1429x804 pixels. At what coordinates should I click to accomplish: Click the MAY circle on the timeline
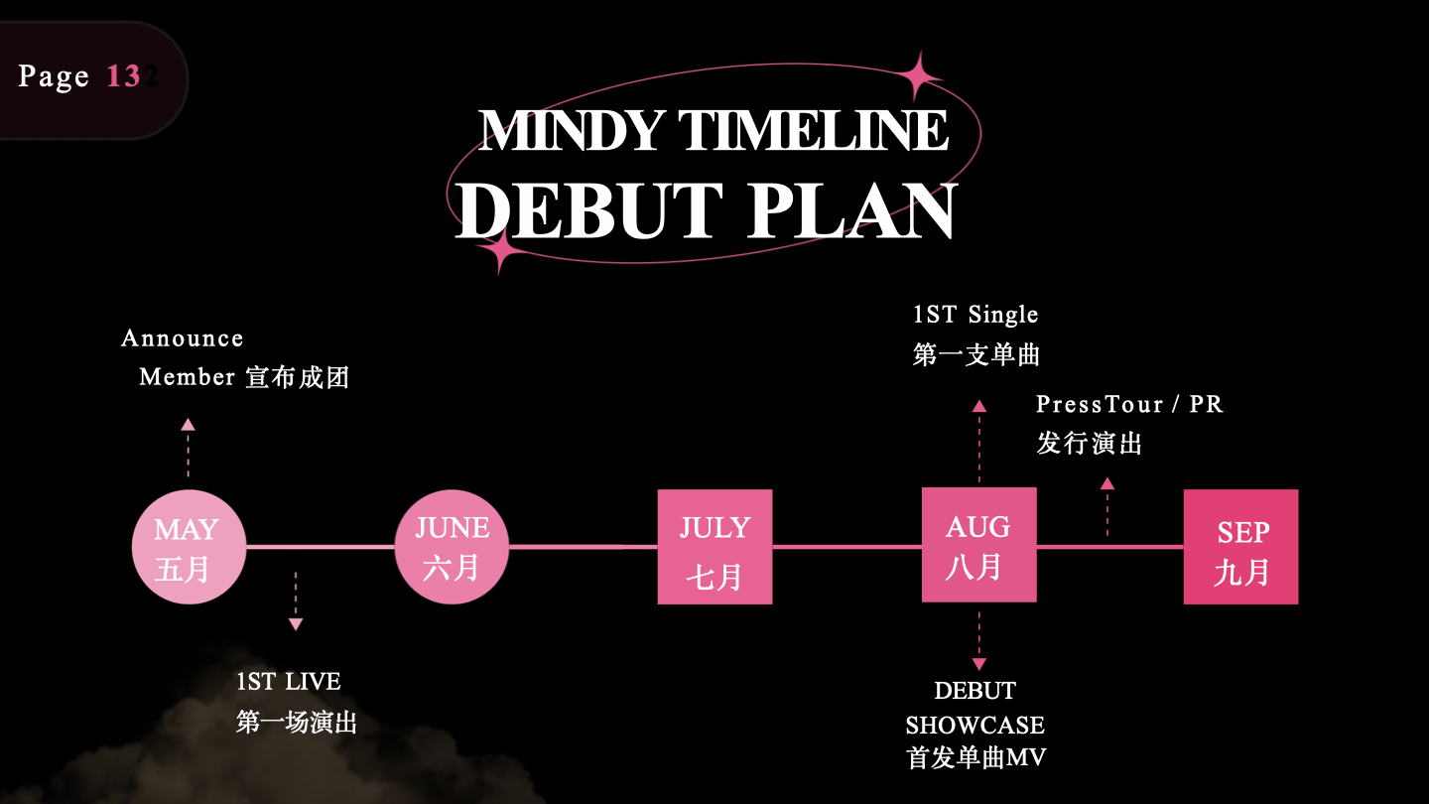point(189,547)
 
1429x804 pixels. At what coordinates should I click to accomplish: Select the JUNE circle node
point(452,547)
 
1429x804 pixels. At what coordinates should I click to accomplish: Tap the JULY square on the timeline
point(715,547)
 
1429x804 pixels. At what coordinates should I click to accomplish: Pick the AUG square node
point(979,544)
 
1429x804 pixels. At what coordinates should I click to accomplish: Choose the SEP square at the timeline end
point(1240,547)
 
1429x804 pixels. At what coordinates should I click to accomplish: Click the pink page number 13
point(123,75)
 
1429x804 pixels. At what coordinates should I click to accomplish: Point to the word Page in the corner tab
point(54,77)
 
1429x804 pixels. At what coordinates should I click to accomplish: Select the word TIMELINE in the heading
point(814,130)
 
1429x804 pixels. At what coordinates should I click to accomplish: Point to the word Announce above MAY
point(183,338)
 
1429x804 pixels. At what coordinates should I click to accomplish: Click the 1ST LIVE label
point(289,682)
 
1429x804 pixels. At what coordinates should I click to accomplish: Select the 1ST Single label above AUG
point(975,315)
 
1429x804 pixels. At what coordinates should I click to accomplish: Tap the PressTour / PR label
point(1129,404)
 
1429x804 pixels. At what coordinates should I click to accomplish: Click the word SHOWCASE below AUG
point(974,725)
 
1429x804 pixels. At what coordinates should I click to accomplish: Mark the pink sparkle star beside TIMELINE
point(919,76)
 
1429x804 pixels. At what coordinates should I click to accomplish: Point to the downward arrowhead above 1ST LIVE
point(296,624)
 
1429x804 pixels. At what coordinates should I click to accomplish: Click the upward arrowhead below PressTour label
point(1107,483)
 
